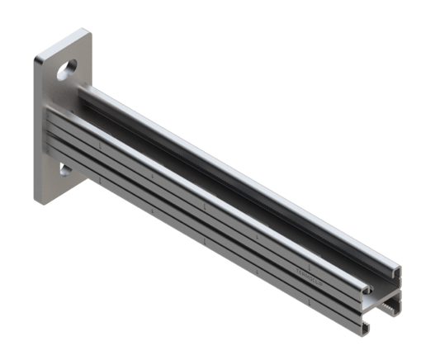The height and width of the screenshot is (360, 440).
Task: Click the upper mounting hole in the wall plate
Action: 67,70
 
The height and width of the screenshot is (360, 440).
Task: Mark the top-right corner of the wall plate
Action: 86,34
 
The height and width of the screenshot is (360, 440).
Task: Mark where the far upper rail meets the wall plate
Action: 92,88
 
